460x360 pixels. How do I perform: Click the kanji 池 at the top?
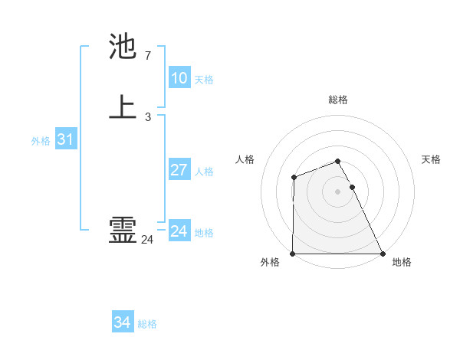(x=123, y=47)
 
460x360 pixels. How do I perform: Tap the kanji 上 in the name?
(x=123, y=107)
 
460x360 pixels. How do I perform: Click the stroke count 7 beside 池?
(x=147, y=56)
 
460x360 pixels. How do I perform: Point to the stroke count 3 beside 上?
(x=147, y=117)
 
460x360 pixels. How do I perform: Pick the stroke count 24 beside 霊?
(x=147, y=240)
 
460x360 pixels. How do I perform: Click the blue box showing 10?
(x=179, y=78)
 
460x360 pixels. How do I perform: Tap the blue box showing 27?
(x=179, y=170)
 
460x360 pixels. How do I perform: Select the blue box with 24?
(x=179, y=231)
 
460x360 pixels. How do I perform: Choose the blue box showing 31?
(x=65, y=139)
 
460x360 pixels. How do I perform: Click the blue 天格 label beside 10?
(x=204, y=80)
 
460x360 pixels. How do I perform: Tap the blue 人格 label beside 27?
(x=204, y=172)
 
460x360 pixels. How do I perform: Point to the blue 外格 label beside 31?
(x=41, y=141)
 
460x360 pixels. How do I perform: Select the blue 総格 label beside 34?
(x=147, y=324)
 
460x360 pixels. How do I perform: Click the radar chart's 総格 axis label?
(x=338, y=100)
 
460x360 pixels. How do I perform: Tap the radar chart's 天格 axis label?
(x=431, y=159)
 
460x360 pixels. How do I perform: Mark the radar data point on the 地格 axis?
(x=383, y=254)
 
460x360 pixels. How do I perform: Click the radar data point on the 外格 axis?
(x=293, y=254)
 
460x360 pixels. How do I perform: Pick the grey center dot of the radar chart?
(x=338, y=191)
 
